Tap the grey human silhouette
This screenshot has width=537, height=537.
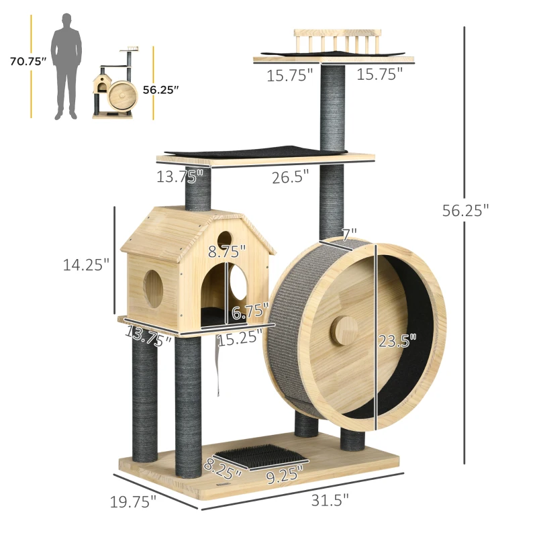click(67, 64)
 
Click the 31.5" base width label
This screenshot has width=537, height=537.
click(330, 499)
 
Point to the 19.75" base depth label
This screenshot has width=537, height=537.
click(133, 500)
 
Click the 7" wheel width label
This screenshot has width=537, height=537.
click(348, 235)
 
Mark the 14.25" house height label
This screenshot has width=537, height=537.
click(86, 264)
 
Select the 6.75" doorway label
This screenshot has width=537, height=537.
click(250, 311)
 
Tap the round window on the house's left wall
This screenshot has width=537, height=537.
click(153, 289)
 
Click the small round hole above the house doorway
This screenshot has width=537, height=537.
click(225, 238)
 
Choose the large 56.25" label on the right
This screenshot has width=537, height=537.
click(465, 210)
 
